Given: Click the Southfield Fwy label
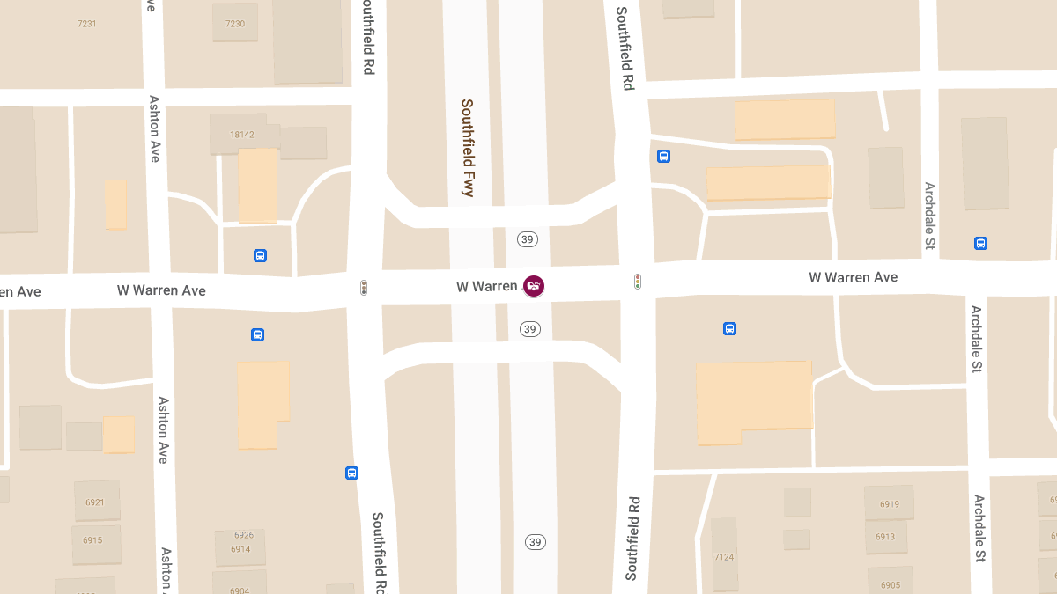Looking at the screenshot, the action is [x=468, y=147].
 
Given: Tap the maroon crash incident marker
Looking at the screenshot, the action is [x=534, y=285].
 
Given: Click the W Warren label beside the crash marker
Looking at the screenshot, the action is [x=486, y=286].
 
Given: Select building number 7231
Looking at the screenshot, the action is [x=87, y=24].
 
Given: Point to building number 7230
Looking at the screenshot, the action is [x=235, y=24].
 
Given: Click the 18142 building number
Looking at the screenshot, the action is [x=241, y=135].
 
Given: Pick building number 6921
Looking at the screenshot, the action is [x=94, y=502].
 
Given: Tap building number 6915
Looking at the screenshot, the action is [x=92, y=540].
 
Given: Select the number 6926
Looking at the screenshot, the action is [x=244, y=535].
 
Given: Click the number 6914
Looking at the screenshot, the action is [x=240, y=549].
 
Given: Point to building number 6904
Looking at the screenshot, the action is [x=240, y=590].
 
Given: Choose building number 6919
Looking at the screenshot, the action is [x=890, y=504].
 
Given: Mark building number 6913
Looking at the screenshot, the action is [x=885, y=537].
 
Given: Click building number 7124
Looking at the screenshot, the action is [x=724, y=557].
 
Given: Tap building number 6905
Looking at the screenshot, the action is [x=890, y=585].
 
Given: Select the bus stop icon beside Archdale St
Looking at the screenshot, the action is [x=980, y=243].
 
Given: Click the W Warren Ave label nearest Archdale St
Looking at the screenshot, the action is [x=853, y=277].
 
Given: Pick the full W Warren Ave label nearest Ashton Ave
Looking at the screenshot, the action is [x=161, y=290].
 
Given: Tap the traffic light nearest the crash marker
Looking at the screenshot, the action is [x=637, y=282].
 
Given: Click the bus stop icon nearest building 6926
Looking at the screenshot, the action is [x=351, y=473].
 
